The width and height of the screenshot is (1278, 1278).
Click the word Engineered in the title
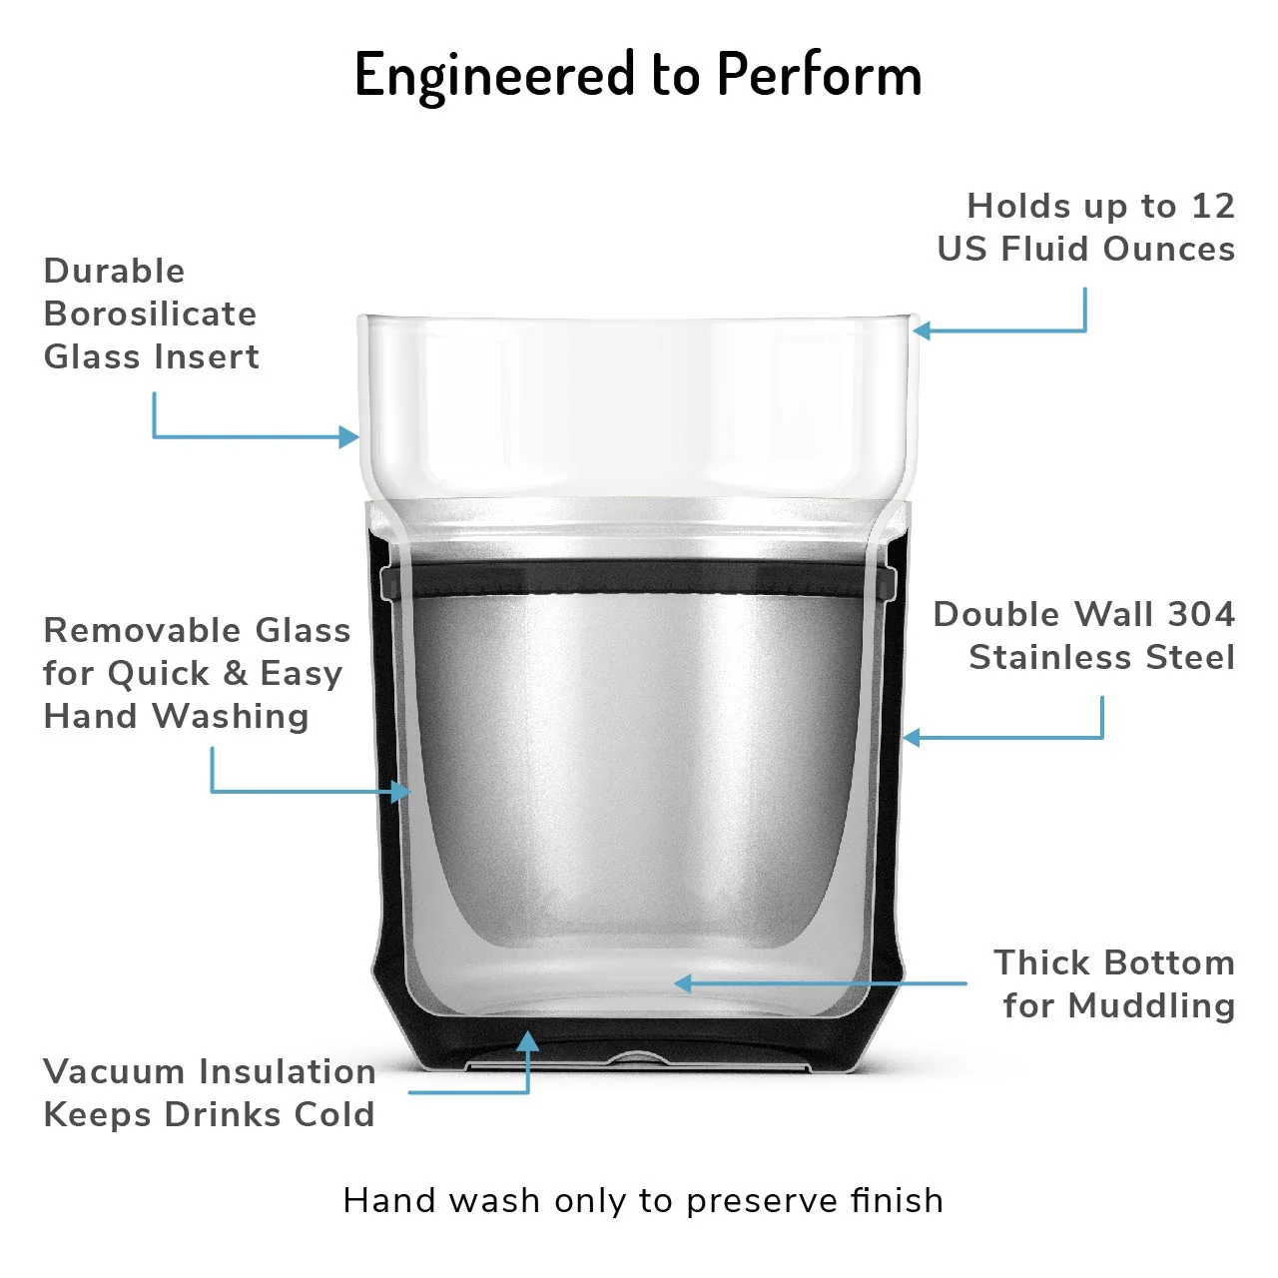click(495, 76)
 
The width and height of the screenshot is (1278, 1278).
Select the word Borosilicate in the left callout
click(150, 314)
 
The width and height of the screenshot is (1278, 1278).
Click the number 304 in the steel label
click(1201, 614)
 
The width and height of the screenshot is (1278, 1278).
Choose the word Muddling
click(1152, 1006)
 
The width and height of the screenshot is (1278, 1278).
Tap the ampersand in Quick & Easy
click(235, 673)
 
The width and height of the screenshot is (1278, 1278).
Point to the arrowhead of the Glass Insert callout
click(348, 436)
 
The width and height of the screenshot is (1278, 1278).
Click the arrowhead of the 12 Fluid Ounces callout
click(923, 329)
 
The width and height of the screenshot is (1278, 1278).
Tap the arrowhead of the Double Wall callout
click(912, 737)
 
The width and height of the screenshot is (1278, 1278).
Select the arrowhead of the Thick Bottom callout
click(684, 983)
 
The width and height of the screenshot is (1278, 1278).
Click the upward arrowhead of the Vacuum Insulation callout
click(527, 1042)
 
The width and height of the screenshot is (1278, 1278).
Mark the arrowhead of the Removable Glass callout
click(400, 791)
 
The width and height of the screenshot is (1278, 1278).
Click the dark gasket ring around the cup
click(638, 576)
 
